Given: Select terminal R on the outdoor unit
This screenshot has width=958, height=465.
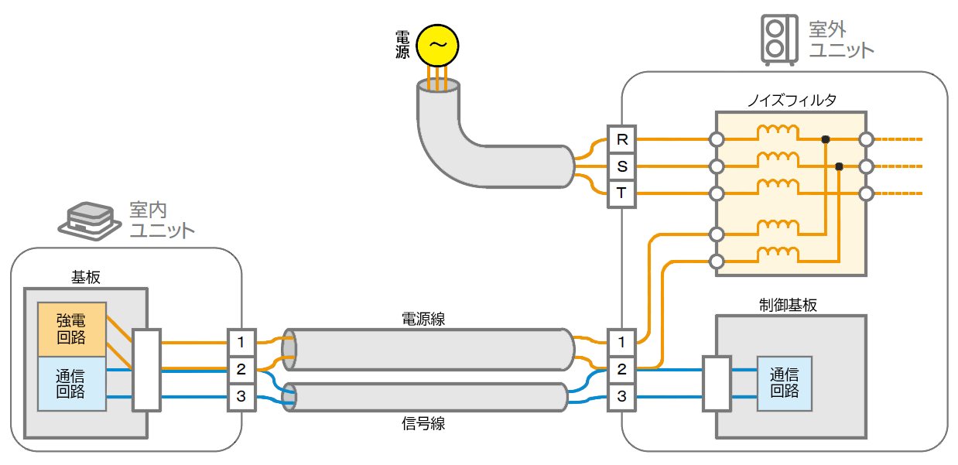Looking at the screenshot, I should (x=621, y=140).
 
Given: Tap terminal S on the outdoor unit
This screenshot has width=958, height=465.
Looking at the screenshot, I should (x=621, y=166).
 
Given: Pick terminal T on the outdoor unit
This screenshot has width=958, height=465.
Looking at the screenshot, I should (x=621, y=193).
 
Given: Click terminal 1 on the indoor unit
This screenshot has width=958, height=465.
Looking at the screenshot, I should (x=241, y=341).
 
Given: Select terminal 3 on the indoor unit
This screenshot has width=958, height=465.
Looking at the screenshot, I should (x=241, y=397).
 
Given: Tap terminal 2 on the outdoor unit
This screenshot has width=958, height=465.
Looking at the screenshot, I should (x=621, y=369).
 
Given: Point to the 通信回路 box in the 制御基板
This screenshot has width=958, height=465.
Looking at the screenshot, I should (x=784, y=383).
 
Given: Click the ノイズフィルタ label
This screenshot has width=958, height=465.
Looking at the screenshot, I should (x=791, y=101).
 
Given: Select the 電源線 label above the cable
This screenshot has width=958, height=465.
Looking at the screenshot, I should (x=423, y=318).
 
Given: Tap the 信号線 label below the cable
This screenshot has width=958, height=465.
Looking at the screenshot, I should (x=423, y=423).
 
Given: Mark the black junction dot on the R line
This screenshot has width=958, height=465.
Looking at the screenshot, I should (x=826, y=139).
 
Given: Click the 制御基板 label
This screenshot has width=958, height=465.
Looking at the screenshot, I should (x=789, y=304).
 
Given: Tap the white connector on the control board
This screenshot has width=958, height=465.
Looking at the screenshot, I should (x=716, y=383).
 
